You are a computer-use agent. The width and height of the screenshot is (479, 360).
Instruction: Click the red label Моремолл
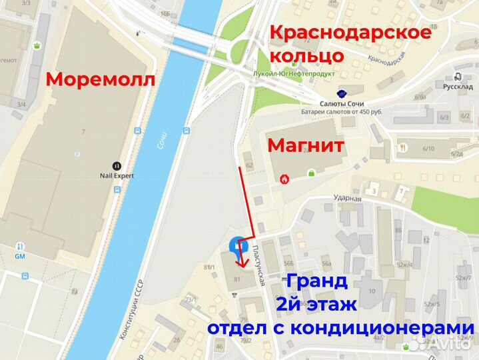(100, 80)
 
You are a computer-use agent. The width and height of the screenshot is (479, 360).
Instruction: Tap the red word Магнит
(306, 146)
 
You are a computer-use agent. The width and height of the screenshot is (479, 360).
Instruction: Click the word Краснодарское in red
(350, 33)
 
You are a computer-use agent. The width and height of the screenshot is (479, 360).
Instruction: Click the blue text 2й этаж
(317, 305)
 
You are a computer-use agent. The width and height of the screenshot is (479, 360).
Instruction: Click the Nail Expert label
(116, 176)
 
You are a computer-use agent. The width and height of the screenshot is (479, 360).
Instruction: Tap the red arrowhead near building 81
(241, 262)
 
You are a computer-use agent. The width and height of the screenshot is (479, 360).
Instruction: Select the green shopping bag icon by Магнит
(310, 173)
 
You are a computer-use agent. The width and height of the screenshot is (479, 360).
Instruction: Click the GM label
(19, 256)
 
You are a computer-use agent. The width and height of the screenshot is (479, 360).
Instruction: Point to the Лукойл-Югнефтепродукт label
(292, 74)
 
